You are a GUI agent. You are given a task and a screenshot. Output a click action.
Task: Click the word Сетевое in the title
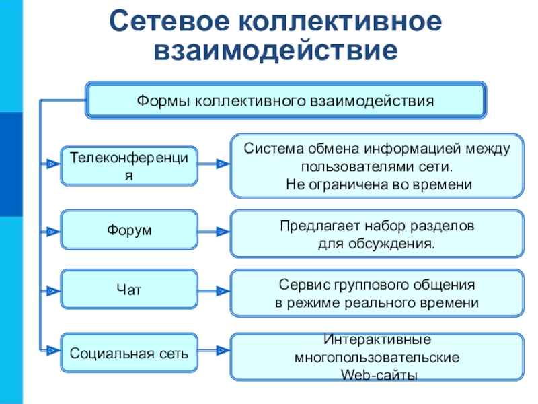pos(169,22)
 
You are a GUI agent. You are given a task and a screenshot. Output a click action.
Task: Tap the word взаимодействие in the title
pos(276,51)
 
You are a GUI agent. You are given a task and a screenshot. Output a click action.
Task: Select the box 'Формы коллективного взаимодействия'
pos(286,100)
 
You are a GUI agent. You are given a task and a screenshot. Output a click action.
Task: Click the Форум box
pos(129,230)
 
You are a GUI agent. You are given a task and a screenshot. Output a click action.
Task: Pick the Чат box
pos(129,290)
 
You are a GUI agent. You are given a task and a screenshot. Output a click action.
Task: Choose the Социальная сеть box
pos(129,353)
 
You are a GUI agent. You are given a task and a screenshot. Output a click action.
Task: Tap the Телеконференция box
pos(129,166)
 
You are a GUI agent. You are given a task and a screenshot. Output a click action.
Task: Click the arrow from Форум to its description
pos(214,232)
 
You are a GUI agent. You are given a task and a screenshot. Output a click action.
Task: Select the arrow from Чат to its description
pos(214,292)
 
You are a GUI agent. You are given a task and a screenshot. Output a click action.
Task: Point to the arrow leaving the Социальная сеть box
pos(214,351)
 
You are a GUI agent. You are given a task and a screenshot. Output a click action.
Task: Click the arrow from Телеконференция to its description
pos(214,164)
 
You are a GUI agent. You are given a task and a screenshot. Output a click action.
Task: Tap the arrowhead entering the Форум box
pos(53,232)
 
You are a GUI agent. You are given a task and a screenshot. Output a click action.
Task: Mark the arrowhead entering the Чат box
pos(53,292)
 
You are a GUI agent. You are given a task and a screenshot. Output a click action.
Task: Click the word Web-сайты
pos(379,375)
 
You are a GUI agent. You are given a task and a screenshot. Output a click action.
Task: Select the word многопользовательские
pos(377,358)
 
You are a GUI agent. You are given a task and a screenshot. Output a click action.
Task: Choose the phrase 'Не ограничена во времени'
pos(379,184)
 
